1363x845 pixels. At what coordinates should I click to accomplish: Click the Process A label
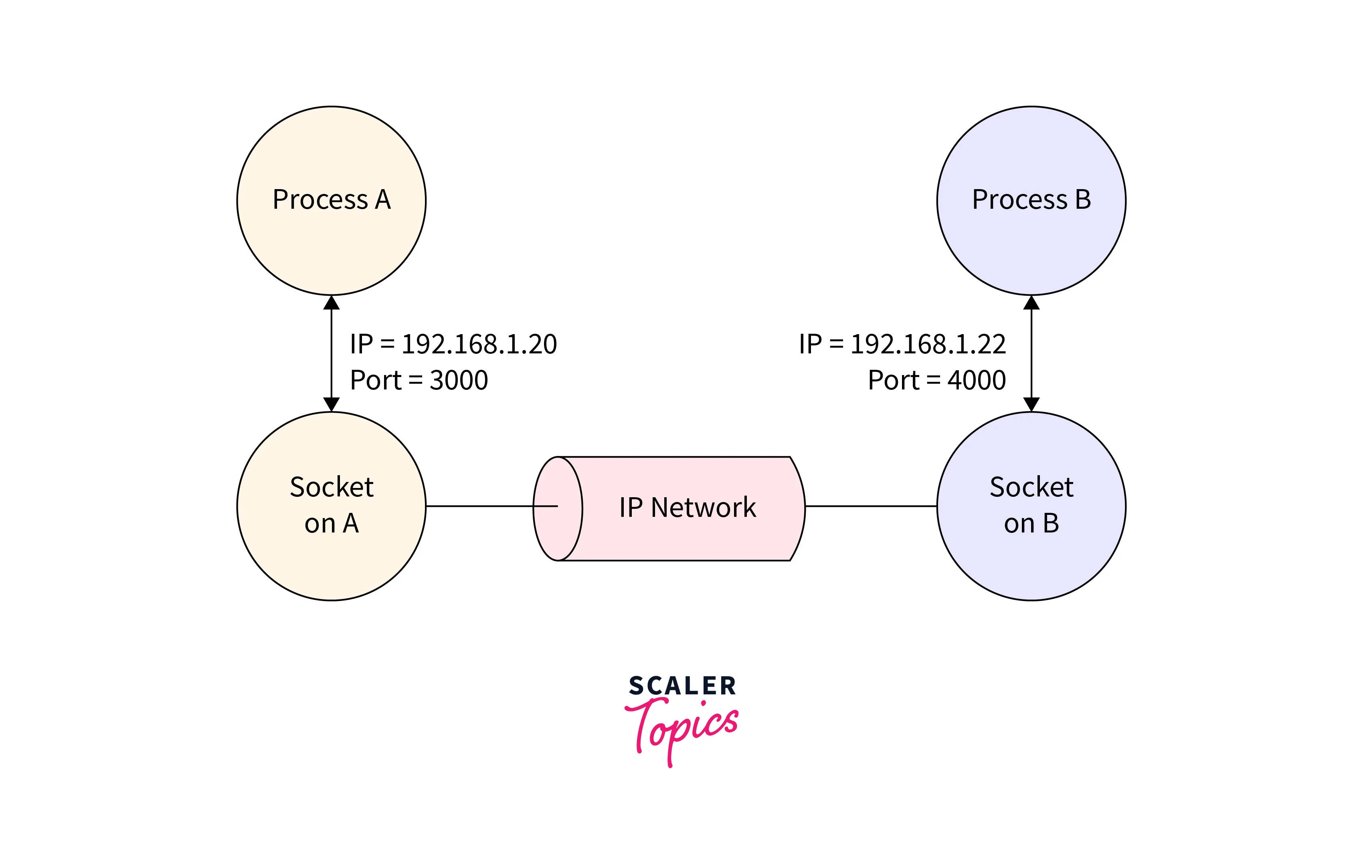pyautogui.click(x=332, y=200)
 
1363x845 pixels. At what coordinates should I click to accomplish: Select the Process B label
pyautogui.click(x=1031, y=200)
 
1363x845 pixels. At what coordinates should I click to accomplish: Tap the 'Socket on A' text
pyautogui.click(x=332, y=505)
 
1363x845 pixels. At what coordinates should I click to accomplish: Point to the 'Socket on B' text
pyautogui.click(x=1031, y=505)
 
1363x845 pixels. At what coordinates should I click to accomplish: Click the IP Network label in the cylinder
pyautogui.click(x=687, y=508)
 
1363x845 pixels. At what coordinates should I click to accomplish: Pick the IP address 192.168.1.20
pyautogui.click(x=479, y=344)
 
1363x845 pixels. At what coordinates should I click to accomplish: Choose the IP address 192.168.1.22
pyautogui.click(x=928, y=344)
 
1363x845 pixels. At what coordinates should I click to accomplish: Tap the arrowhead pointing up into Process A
pyautogui.click(x=332, y=303)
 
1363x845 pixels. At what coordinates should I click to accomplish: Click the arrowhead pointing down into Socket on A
pyautogui.click(x=332, y=404)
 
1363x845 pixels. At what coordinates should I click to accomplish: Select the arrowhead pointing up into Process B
pyautogui.click(x=1031, y=303)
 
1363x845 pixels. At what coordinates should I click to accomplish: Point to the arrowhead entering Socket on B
pyautogui.click(x=1031, y=404)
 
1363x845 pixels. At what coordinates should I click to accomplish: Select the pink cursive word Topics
pyautogui.click(x=682, y=726)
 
